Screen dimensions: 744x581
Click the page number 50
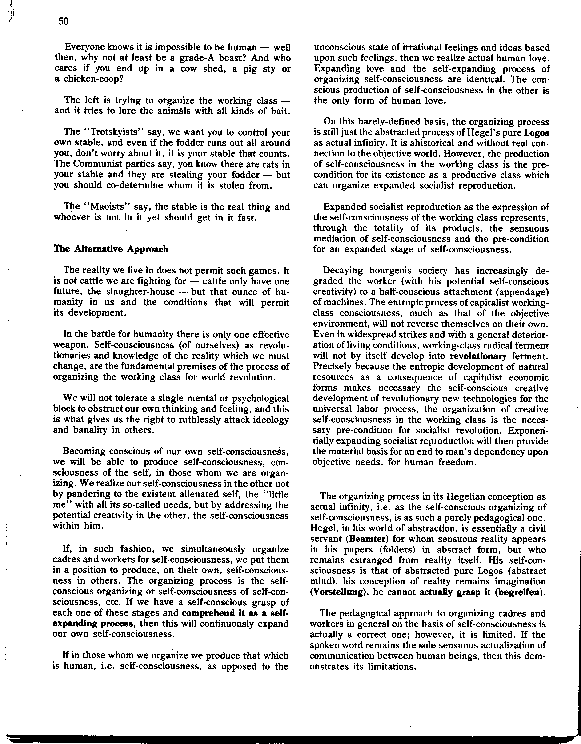pos(63,21)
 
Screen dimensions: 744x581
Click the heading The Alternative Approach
pos(111,249)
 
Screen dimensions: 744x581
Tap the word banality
pos(90,430)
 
